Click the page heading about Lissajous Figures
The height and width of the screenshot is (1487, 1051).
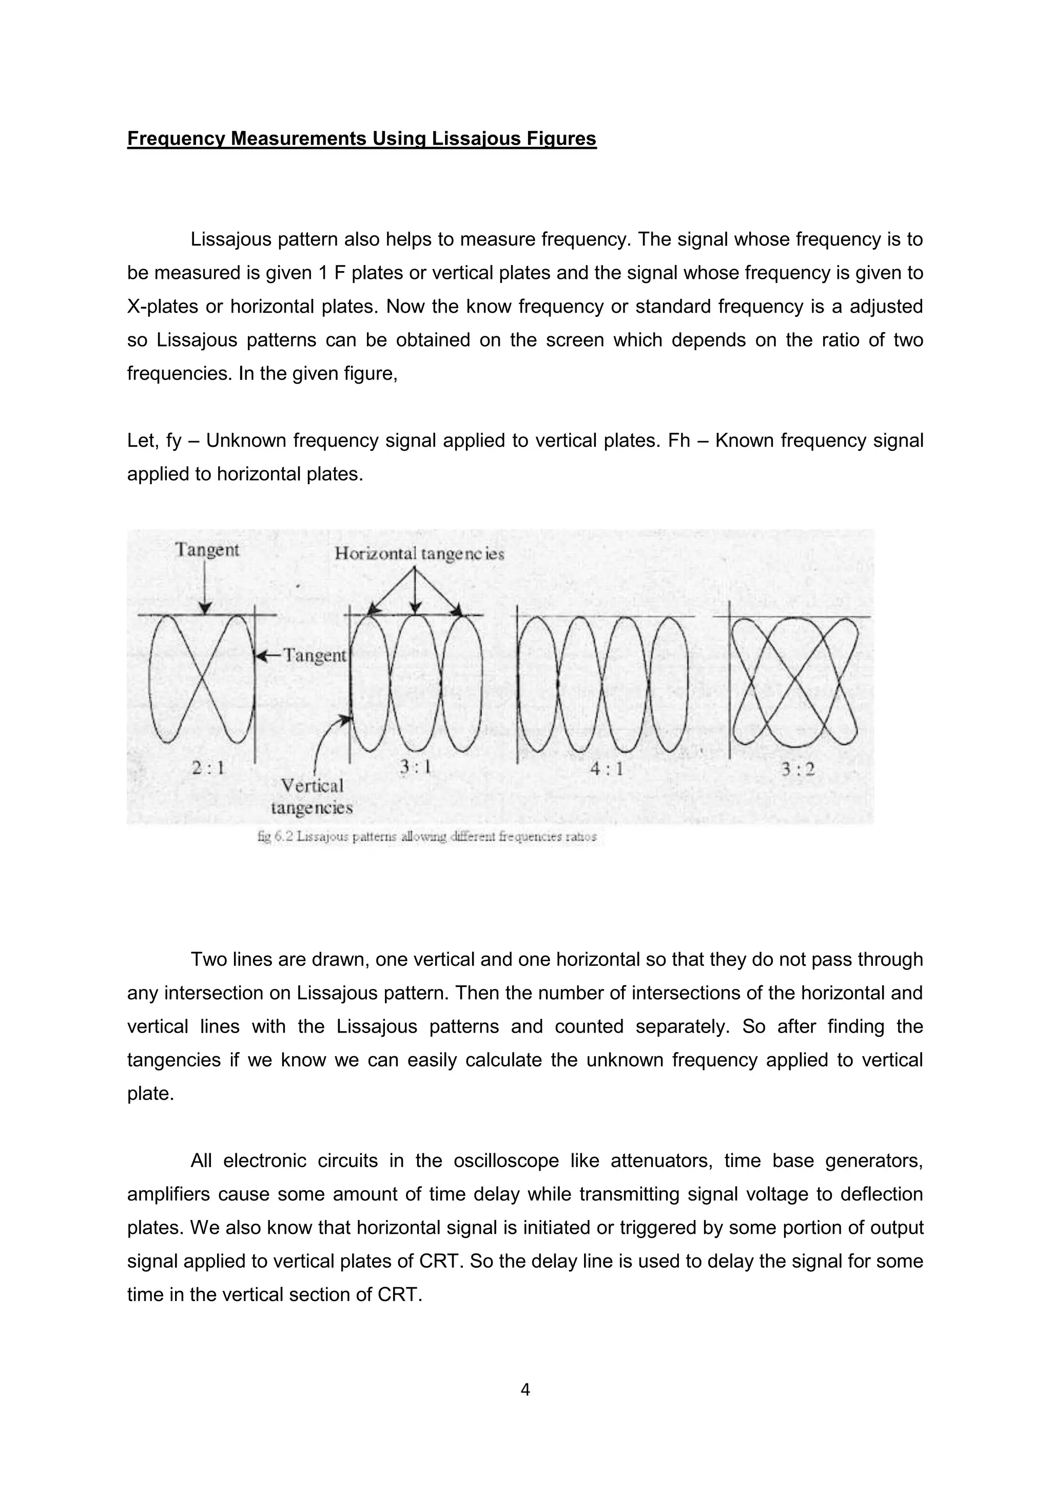coord(361,139)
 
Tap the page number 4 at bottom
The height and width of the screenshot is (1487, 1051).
coord(525,1389)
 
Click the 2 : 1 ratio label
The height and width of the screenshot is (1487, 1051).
coord(208,768)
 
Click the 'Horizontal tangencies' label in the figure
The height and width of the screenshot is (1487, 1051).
coord(419,554)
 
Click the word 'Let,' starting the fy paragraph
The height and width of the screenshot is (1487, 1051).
coord(141,441)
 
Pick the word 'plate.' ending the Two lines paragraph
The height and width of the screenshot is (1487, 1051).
coord(150,1094)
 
